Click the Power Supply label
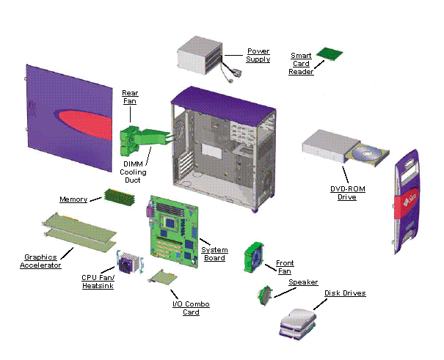click(258, 55)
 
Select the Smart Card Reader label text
click(301, 63)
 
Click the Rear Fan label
click(130, 98)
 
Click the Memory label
click(73, 199)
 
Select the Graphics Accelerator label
click(40, 261)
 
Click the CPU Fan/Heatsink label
click(98, 282)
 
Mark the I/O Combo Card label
click(186, 308)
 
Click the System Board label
click(215, 253)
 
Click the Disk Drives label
click(345, 293)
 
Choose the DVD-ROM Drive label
click(347, 194)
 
